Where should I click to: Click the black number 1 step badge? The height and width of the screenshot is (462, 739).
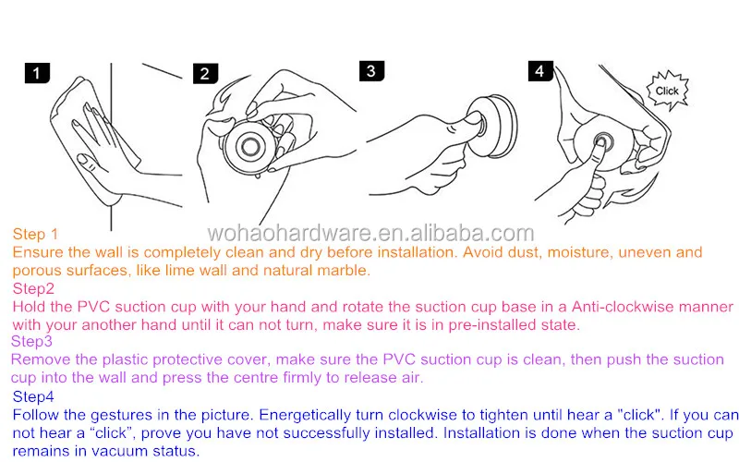point(36,74)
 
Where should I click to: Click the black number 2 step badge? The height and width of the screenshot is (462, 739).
point(205,74)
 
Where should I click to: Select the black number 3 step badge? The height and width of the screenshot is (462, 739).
point(369,71)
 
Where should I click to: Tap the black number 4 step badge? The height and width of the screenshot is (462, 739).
point(540,71)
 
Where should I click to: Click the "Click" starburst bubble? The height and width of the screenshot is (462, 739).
point(666,91)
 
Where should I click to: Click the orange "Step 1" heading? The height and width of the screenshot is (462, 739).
point(35,235)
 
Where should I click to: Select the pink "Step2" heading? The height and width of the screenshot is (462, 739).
point(32,288)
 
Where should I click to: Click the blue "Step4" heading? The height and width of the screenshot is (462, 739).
point(33,396)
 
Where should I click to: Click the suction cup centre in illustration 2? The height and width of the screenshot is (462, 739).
point(250,144)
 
